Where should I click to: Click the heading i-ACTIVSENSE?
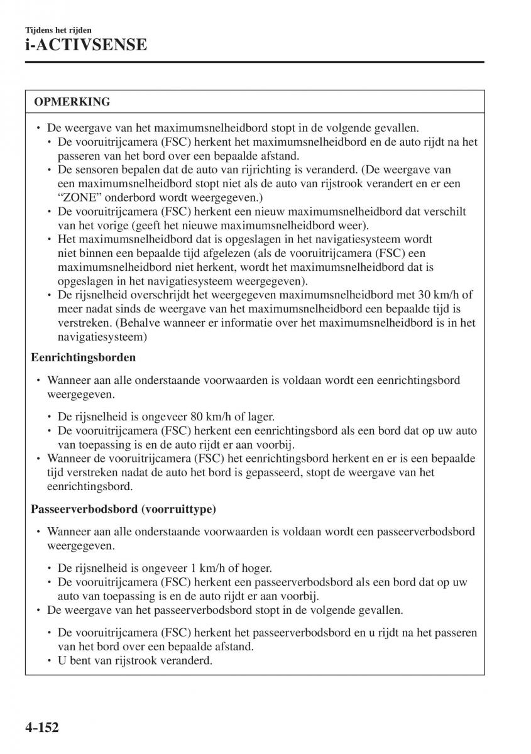[85, 45]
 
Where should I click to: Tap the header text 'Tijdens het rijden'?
[58, 30]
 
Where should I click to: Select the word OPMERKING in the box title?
[72, 101]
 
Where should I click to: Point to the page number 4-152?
[42, 729]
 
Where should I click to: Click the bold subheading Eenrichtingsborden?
[84, 358]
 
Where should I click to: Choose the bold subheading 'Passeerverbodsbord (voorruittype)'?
[123, 509]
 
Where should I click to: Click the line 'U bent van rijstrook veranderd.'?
[135, 660]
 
